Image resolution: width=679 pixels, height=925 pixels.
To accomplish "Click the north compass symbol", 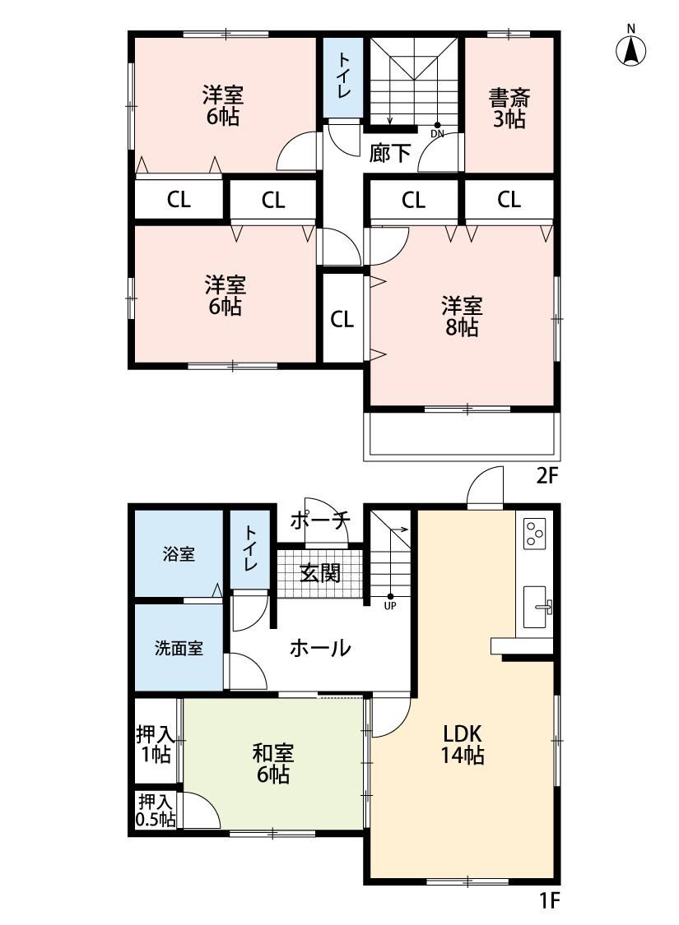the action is (630, 46).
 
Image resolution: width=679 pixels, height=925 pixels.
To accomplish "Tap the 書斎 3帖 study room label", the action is (509, 108).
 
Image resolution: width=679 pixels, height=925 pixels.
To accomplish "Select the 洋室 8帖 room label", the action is (462, 317).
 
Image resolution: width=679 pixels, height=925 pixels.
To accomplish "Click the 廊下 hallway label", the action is (389, 154).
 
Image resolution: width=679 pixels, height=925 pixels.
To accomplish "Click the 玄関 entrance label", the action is (319, 573).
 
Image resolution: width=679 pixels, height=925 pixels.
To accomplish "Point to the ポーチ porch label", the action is (319, 521).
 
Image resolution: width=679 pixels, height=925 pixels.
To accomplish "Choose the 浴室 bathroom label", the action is (179, 554).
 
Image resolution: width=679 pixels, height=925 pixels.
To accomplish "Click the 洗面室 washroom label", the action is (179, 649).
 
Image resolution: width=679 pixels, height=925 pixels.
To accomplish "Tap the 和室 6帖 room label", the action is (272, 763).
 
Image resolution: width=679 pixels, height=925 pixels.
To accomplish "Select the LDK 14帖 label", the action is (463, 744).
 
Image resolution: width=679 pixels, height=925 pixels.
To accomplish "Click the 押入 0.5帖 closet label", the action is (156, 810).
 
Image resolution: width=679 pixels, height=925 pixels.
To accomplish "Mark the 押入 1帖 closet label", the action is (156, 743).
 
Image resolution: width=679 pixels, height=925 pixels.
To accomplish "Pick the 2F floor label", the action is (546, 475).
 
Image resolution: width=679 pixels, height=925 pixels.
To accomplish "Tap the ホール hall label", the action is (320, 649).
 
